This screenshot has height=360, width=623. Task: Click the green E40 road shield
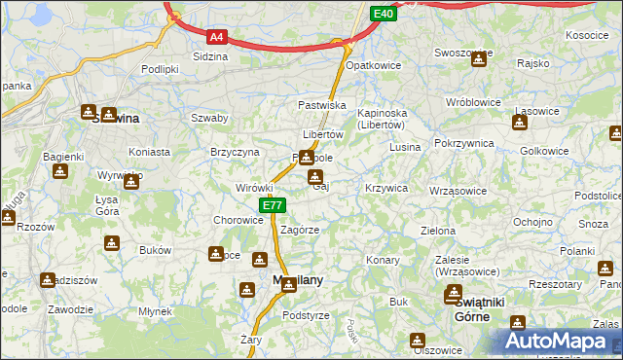pyautogui.click(x=384, y=13)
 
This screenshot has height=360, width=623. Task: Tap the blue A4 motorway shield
pyautogui.click(x=217, y=37)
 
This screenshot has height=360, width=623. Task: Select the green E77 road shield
pyautogui.click(x=272, y=205)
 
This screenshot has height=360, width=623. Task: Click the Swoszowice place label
pyautogui.click(x=461, y=53)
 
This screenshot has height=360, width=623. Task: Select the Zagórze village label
pyautogui.click(x=300, y=230)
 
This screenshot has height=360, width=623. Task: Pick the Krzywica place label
pyautogui.click(x=385, y=187)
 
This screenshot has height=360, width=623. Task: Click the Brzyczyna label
pyautogui.click(x=235, y=152)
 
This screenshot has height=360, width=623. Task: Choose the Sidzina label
pyautogui.click(x=211, y=56)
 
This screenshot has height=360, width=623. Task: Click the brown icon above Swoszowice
pyautogui.click(x=478, y=60)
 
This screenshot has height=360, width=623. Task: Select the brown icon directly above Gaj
pyautogui.click(x=315, y=176)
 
